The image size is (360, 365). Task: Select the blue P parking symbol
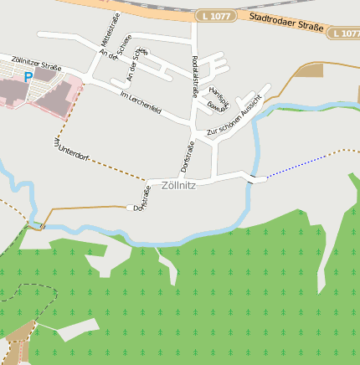[28, 77]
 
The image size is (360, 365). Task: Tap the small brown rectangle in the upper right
[308, 70]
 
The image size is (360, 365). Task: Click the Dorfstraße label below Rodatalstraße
[187, 157]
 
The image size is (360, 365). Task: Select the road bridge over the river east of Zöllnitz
[253, 177]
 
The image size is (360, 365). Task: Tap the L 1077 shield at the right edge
[343, 33]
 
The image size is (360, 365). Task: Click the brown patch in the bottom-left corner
[18, 343]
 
